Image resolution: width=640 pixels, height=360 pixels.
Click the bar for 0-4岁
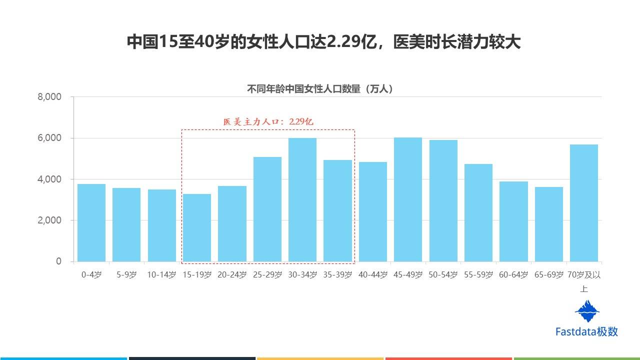[91, 222]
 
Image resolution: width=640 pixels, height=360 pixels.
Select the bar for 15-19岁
[197, 227]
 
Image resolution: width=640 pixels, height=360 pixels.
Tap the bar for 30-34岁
[302, 199]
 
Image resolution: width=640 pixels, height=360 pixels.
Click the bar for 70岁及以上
[584, 202]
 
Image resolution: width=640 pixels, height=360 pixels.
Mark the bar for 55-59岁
[478, 212]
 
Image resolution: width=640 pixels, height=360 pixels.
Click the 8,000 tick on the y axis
[49, 97]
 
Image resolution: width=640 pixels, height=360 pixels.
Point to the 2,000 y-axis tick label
[49, 220]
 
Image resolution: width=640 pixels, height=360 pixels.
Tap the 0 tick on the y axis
[58, 261]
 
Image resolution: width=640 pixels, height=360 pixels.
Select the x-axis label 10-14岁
[161, 275]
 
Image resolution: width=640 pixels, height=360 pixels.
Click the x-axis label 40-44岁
[373, 275]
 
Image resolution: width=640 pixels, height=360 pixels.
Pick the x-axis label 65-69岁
[549, 275]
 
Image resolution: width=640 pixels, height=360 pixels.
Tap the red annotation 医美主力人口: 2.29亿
[268, 121]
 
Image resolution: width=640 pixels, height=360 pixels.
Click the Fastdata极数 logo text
[586, 331]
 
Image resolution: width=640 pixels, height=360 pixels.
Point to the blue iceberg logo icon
[587, 311]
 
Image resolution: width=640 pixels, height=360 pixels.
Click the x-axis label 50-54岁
[443, 275]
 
